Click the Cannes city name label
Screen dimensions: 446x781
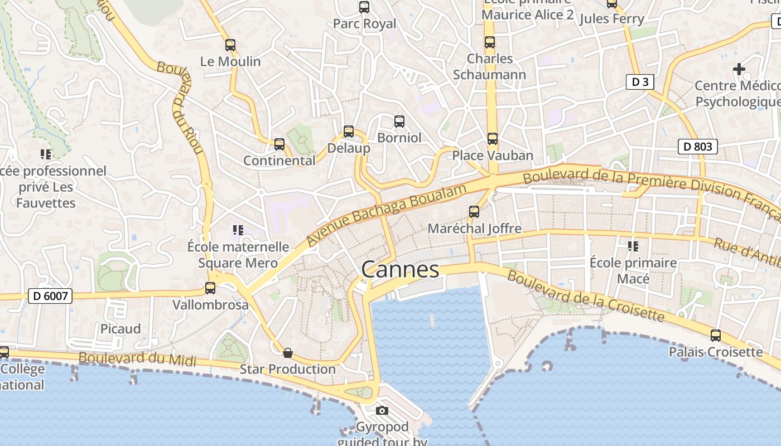[x=400, y=269]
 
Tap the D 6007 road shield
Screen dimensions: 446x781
[x=50, y=295]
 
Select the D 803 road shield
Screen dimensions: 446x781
[x=697, y=147]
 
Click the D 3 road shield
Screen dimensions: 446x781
[x=639, y=82]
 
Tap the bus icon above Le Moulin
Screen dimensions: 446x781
[x=230, y=45]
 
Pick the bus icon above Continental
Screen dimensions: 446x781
[x=279, y=144]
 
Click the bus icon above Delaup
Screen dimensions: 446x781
[x=349, y=132]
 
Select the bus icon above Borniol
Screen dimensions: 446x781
[x=399, y=121]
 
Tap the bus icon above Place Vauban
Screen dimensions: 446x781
[x=492, y=139]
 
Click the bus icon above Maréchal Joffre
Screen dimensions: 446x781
[x=474, y=212]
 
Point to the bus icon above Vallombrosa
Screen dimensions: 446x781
[x=210, y=288]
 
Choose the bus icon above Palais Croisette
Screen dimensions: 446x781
[x=716, y=336]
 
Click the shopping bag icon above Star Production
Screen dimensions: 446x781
[x=288, y=353]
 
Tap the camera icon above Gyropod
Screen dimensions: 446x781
[x=382, y=411]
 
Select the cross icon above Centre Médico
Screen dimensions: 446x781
[x=739, y=69]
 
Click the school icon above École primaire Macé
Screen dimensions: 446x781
[x=633, y=246]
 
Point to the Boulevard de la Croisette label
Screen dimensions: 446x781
[x=585, y=295]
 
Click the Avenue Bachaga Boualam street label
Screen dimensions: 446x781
[x=387, y=215]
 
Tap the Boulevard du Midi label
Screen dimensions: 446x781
[x=137, y=359]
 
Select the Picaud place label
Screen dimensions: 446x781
[x=120, y=329]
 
